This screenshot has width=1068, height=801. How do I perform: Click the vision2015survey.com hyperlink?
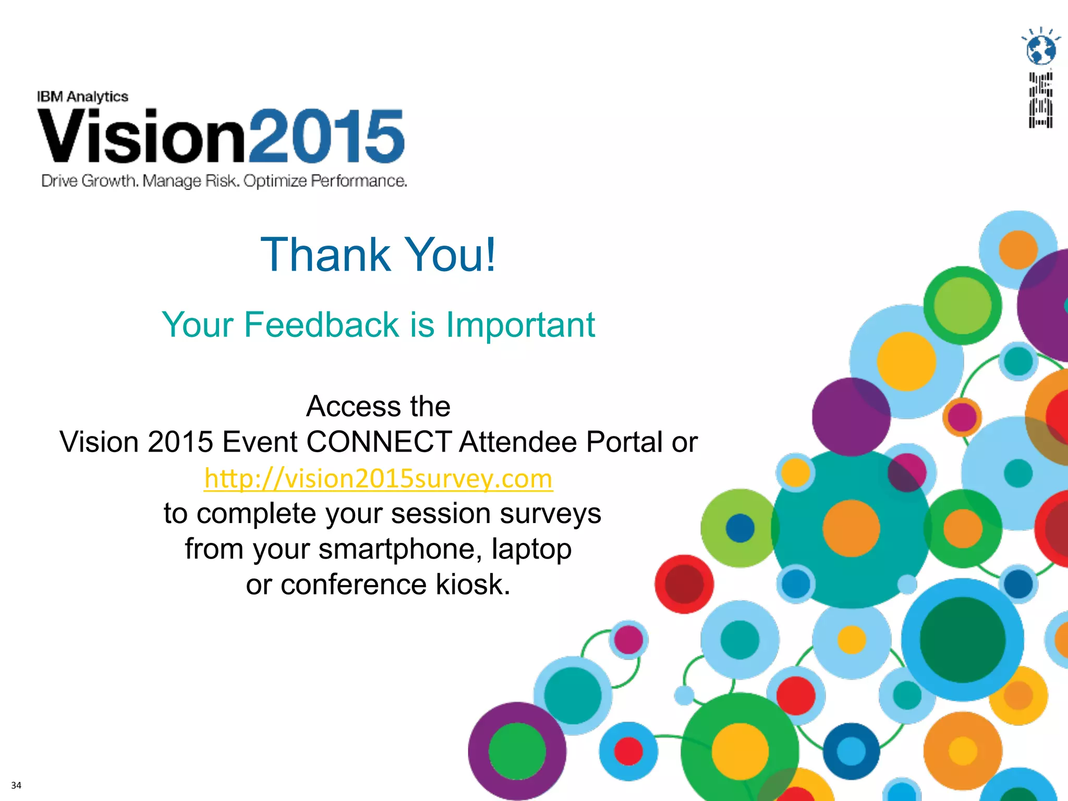point(378,479)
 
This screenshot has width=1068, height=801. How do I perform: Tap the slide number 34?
point(16,785)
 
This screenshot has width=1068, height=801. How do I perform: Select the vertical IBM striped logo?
point(1040,100)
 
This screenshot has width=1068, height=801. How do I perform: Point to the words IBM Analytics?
point(82,97)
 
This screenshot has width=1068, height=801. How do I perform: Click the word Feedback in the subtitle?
point(321,325)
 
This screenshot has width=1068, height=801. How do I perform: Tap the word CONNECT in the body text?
point(379,442)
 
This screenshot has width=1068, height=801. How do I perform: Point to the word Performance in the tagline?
point(359,181)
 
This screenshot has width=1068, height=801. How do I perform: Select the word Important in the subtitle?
point(520,325)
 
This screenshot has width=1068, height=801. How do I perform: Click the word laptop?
point(531,549)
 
